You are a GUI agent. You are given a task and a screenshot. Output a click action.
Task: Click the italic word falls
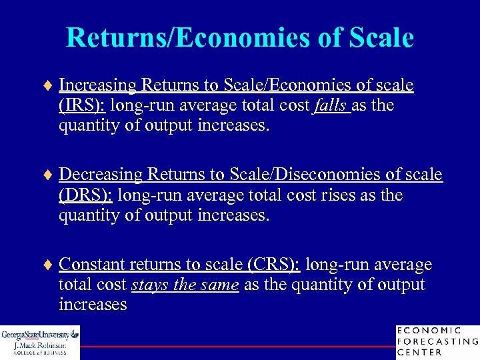331,105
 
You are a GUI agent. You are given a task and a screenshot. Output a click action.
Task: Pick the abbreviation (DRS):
87,195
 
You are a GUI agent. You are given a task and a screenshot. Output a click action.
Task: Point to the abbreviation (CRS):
274,265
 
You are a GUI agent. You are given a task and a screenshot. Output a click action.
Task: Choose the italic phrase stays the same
185,285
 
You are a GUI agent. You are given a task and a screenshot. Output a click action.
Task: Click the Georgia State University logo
40,342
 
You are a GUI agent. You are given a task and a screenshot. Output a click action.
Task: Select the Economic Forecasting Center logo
437,342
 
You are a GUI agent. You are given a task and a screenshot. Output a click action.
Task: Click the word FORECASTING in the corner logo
437,341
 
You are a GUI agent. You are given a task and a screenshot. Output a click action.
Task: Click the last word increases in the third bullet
93,305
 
